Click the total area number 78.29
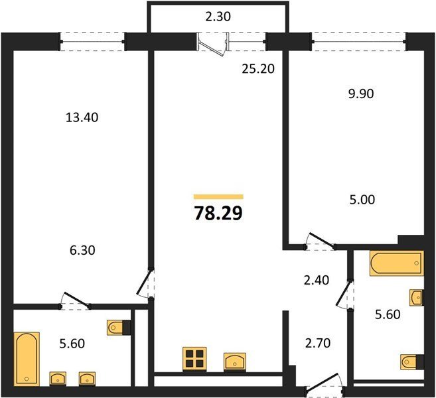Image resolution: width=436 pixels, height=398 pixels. (x=218, y=214)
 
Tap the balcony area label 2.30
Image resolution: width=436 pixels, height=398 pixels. (x=218, y=17)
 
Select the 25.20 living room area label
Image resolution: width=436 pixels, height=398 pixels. (x=258, y=69)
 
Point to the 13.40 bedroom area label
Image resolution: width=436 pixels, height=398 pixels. (x=82, y=117)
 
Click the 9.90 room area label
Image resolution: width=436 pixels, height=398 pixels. (x=361, y=94)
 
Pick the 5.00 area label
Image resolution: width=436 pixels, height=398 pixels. (x=362, y=200)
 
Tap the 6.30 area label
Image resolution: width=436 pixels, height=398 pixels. (x=82, y=251)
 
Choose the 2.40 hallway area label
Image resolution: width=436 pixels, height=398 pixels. (x=317, y=280)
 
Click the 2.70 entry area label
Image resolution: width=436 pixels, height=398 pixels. (x=318, y=343)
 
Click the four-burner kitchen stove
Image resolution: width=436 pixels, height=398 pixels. (x=194, y=359)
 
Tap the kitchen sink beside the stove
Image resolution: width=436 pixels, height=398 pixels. (x=235, y=362)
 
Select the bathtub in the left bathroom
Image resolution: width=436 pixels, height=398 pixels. (x=27, y=359)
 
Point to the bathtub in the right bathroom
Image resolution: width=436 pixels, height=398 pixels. (x=397, y=263)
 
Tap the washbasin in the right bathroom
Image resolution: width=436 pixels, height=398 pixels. (x=417, y=298)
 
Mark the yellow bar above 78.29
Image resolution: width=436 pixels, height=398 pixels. (x=218, y=197)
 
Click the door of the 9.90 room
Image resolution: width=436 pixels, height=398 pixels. (x=321, y=239)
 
